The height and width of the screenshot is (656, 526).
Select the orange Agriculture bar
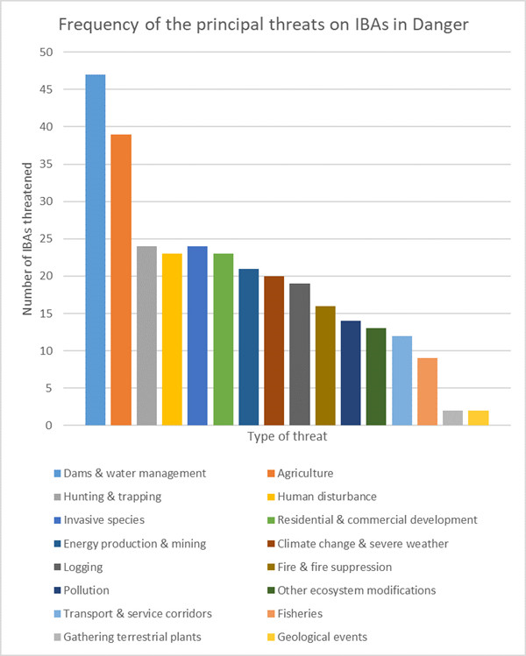click(x=121, y=279)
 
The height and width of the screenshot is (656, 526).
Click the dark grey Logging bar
click(x=300, y=354)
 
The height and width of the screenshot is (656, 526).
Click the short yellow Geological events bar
click(x=478, y=418)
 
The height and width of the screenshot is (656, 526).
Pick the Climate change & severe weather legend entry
click(x=362, y=544)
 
